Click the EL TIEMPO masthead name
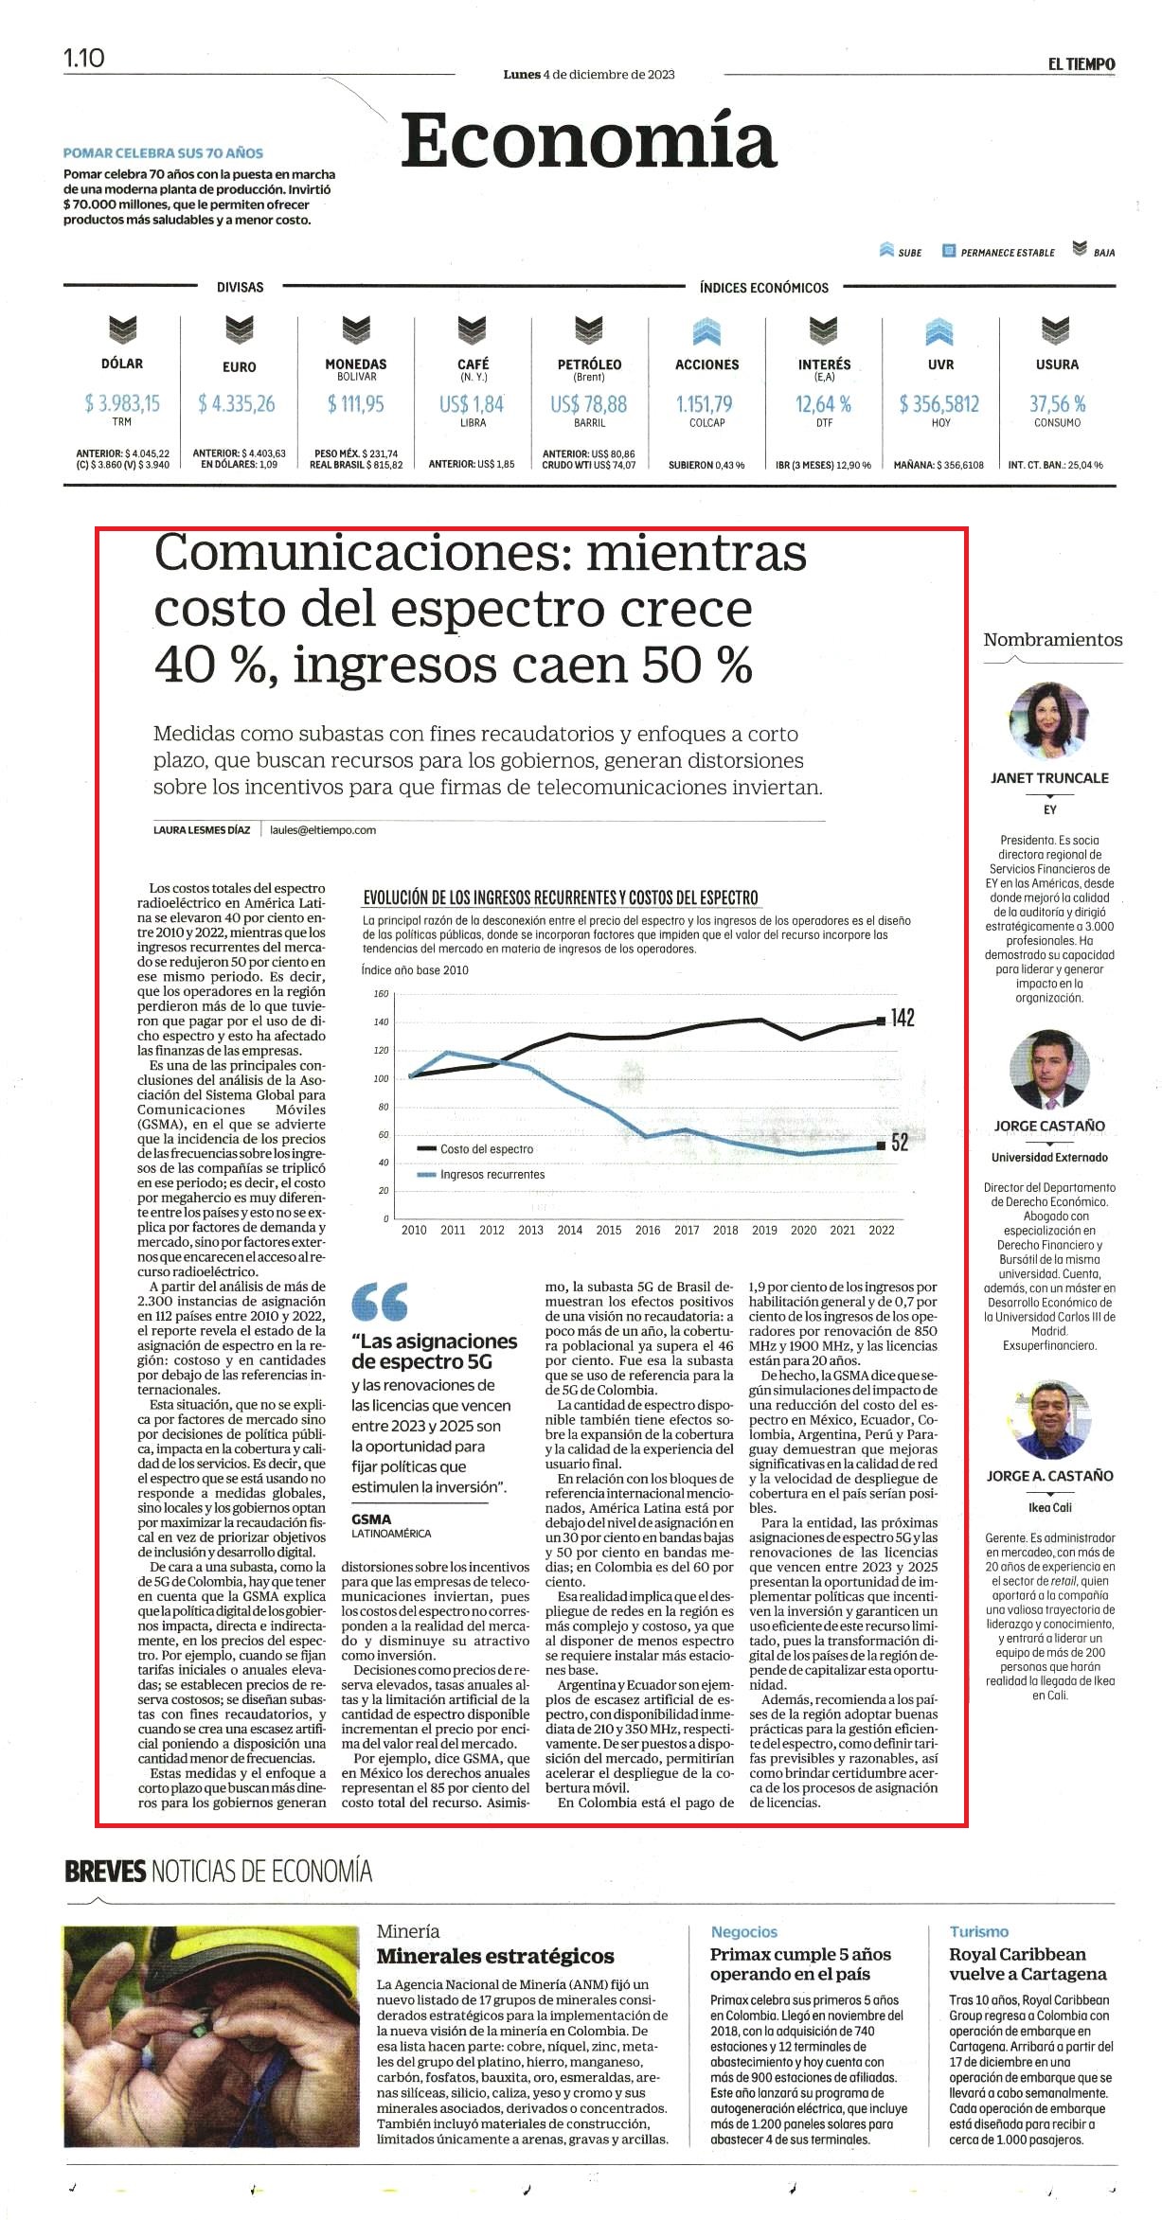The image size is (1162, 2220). pyautogui.click(x=1081, y=64)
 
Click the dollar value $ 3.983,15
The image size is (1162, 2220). pyautogui.click(x=122, y=404)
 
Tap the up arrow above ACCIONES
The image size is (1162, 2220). pyautogui.click(x=706, y=332)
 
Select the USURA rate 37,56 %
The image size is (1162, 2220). pyautogui.click(x=1057, y=404)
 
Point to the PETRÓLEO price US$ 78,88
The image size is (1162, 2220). pyautogui.click(x=588, y=404)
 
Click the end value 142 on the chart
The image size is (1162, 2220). pyautogui.click(x=903, y=1018)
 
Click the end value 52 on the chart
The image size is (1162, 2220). pyautogui.click(x=900, y=1143)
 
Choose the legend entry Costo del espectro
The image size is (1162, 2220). pyautogui.click(x=475, y=1149)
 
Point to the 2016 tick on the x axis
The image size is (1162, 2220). pyautogui.click(x=648, y=1230)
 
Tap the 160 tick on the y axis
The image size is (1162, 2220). pyautogui.click(x=381, y=994)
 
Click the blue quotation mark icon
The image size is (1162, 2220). pyautogui.click(x=380, y=1302)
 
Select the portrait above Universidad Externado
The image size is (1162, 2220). pyautogui.click(x=1049, y=1070)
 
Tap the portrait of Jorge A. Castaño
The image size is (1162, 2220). pyautogui.click(x=1049, y=1419)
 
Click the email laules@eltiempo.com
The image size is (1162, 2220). pyautogui.click(x=323, y=830)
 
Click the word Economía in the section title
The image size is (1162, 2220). pyautogui.click(x=588, y=140)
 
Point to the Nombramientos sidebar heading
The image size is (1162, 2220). pyautogui.click(x=1052, y=640)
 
